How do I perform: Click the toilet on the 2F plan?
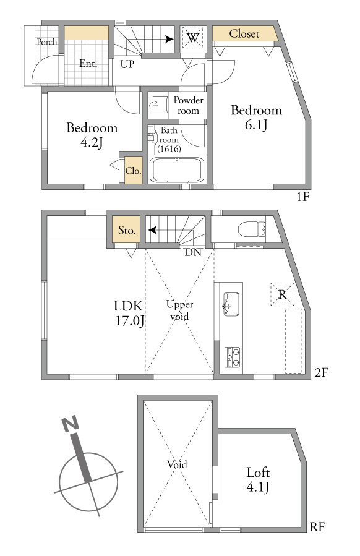(252, 229)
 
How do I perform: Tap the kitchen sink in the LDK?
(231, 304)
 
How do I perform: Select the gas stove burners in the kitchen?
(233, 357)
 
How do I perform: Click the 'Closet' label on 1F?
(244, 33)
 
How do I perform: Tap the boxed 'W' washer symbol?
(192, 37)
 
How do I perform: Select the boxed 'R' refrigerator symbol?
(282, 294)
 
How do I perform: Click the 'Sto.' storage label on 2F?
(127, 231)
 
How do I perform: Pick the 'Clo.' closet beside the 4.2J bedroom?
(134, 171)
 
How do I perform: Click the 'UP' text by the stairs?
(127, 64)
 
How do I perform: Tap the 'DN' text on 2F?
(193, 252)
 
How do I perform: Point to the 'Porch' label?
(47, 42)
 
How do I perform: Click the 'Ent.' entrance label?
(88, 64)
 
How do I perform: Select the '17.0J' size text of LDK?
(130, 321)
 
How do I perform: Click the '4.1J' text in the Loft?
(257, 487)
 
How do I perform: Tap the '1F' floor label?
(302, 197)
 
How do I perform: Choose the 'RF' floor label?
(317, 527)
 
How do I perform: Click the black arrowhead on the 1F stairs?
(169, 40)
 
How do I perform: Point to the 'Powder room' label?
(188, 105)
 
